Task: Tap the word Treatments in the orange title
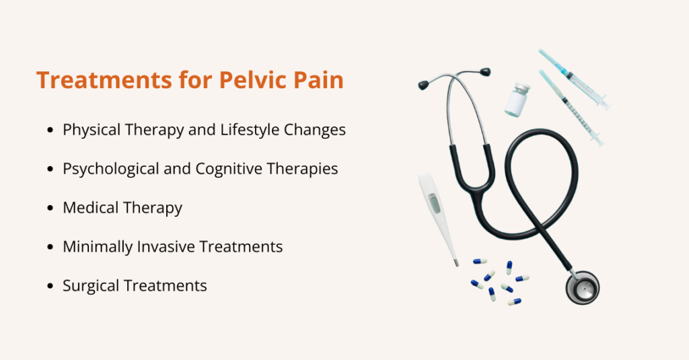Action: tap(104, 80)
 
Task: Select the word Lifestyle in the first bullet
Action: tap(249, 130)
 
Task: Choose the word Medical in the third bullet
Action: tap(91, 207)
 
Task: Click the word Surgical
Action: tap(91, 286)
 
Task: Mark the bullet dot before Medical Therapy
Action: tap(50, 208)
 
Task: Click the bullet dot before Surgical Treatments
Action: tap(50, 286)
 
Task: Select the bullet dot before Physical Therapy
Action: tap(50, 130)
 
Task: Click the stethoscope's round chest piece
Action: tap(583, 288)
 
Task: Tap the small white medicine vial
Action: tap(517, 100)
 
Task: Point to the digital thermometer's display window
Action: tap(433, 203)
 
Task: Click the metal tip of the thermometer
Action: tap(456, 263)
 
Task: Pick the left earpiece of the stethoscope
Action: tap(424, 85)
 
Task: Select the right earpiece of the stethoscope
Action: tap(484, 72)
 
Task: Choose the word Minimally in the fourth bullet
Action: tap(98, 247)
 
